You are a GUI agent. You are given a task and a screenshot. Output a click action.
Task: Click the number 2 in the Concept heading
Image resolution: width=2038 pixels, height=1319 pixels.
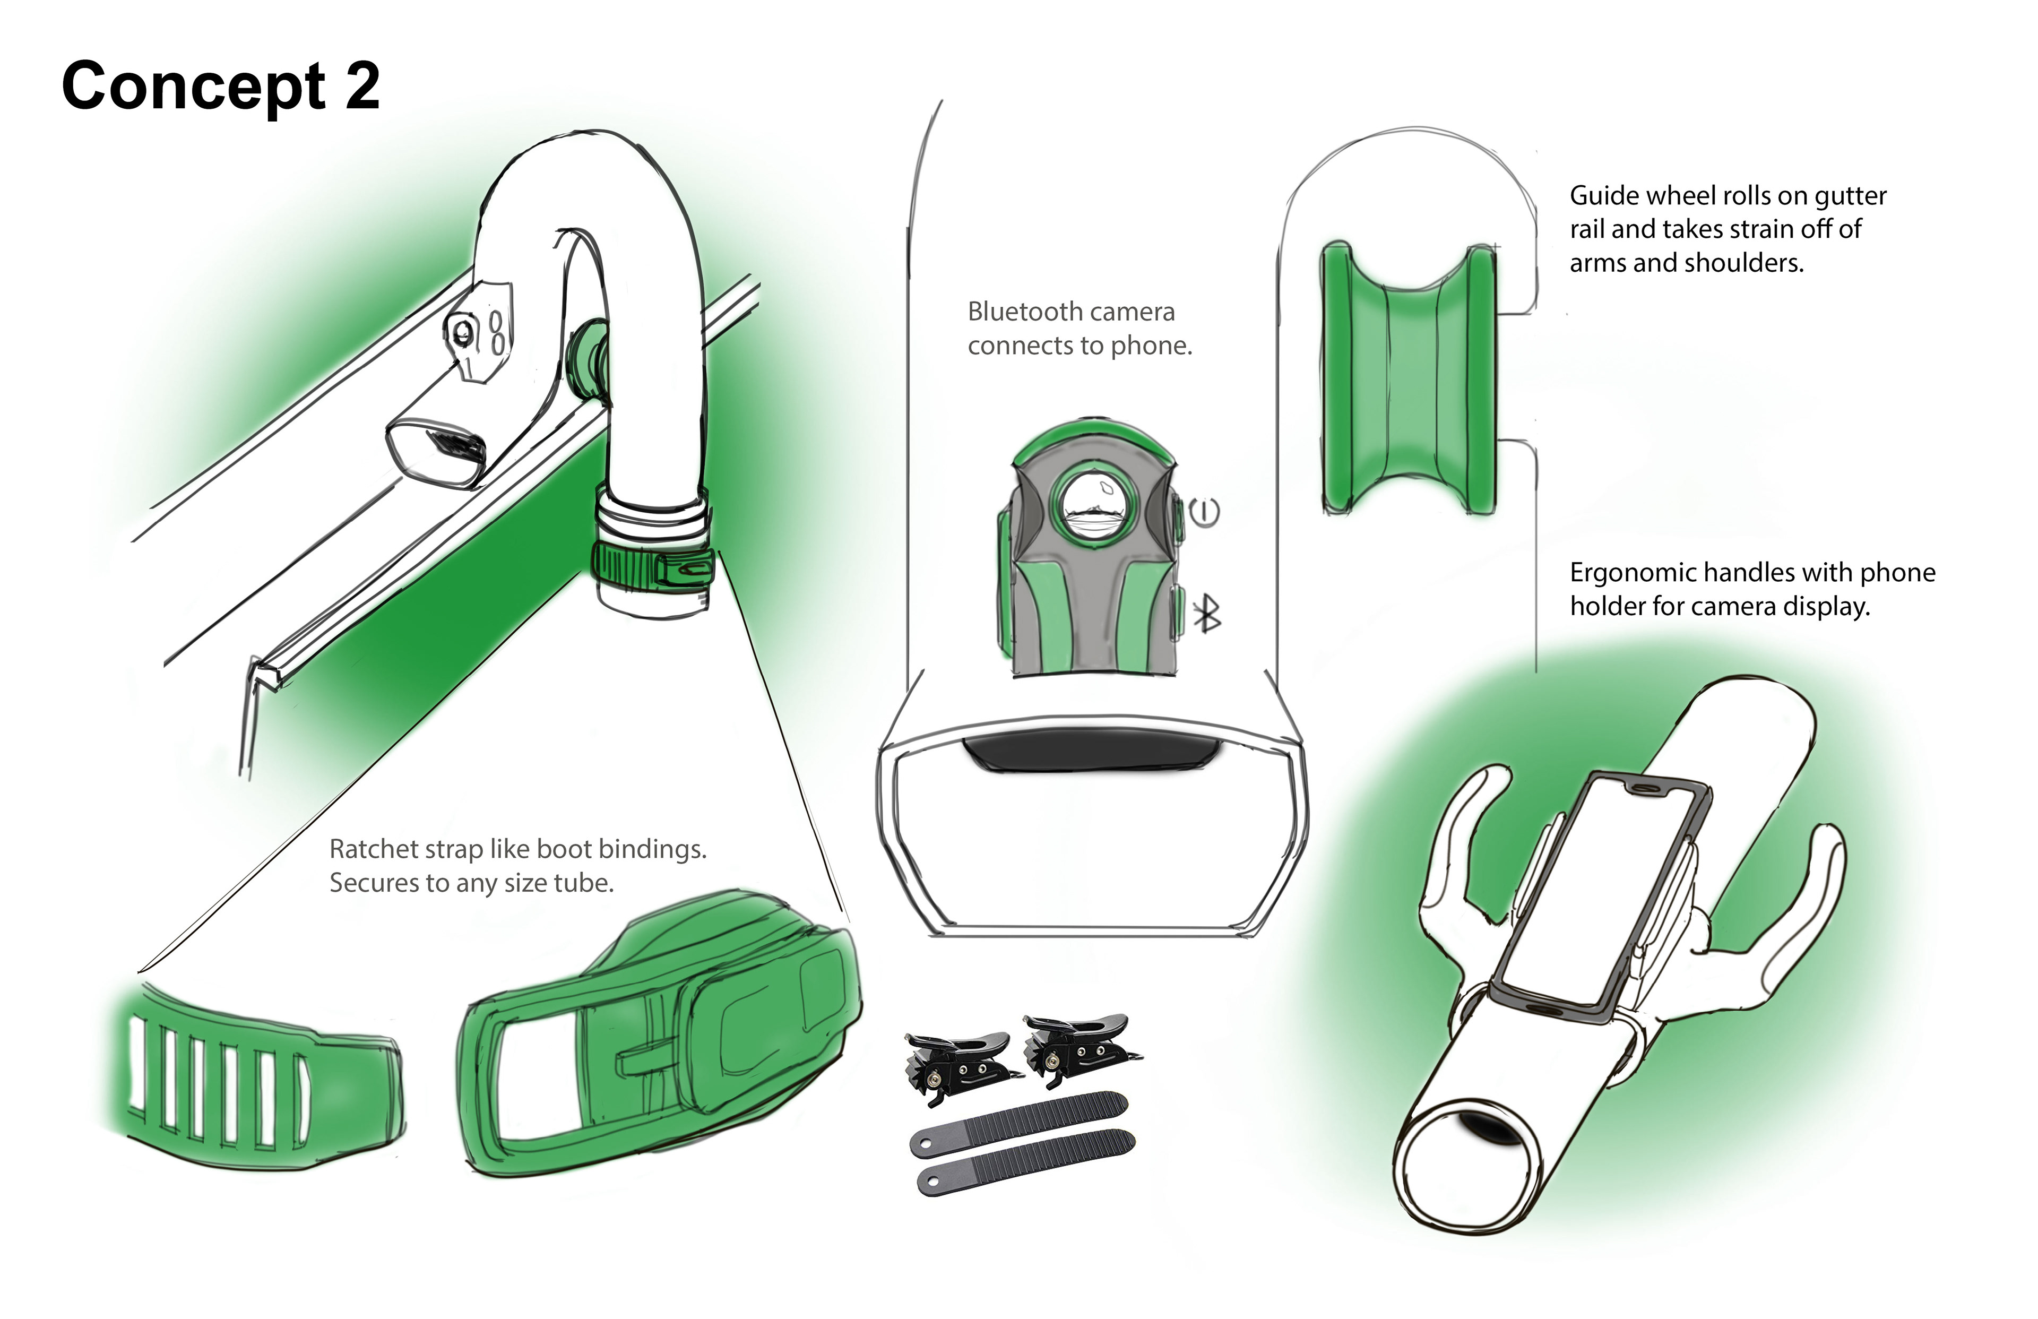click(362, 87)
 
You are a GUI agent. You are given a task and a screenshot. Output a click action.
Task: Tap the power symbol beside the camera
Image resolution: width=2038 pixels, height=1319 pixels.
click(1205, 512)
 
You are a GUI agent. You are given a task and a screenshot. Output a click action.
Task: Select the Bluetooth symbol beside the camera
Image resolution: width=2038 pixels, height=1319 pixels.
click(1207, 613)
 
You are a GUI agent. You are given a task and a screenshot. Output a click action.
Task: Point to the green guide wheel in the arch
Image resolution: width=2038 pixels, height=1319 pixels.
click(1409, 378)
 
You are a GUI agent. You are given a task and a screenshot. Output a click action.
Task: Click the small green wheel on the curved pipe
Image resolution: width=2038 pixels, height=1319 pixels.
click(586, 357)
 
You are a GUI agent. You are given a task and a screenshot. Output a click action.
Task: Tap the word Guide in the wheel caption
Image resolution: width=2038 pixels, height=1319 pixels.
click(1598, 196)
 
